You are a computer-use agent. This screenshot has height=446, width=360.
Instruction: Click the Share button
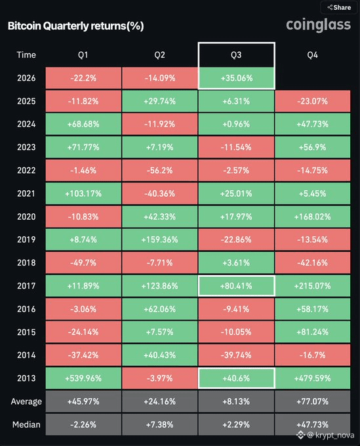point(338,7)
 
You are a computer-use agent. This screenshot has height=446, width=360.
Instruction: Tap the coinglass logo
point(318,25)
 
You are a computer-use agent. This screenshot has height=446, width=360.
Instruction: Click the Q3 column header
point(236,55)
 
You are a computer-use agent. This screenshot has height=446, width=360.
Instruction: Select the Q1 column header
point(83,55)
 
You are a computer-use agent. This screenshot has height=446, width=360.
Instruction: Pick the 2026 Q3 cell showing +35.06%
point(237,78)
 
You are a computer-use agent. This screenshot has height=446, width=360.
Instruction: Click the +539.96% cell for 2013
point(83,378)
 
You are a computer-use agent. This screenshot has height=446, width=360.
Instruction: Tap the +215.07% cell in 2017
point(313,286)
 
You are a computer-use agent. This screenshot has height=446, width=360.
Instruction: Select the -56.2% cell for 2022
point(159,171)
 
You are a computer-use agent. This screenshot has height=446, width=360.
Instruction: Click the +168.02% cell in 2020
point(313,216)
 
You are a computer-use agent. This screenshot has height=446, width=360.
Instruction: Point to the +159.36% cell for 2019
point(159,240)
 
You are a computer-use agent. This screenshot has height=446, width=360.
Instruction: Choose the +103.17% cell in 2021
point(83,193)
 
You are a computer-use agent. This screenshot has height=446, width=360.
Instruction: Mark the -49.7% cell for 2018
point(83,263)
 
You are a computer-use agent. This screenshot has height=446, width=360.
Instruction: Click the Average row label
point(26,401)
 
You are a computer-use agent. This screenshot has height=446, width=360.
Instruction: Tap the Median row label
point(26,424)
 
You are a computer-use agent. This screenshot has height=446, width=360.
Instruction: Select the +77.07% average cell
point(313,401)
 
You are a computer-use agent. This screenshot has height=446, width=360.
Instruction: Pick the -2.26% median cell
point(83,424)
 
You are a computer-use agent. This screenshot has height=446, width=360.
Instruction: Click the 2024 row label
point(26,124)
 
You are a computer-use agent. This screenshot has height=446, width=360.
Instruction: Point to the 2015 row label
point(26,332)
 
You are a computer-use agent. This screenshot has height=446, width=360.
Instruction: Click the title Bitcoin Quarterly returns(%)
point(75,26)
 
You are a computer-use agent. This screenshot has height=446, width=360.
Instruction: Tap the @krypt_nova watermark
point(326,436)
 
